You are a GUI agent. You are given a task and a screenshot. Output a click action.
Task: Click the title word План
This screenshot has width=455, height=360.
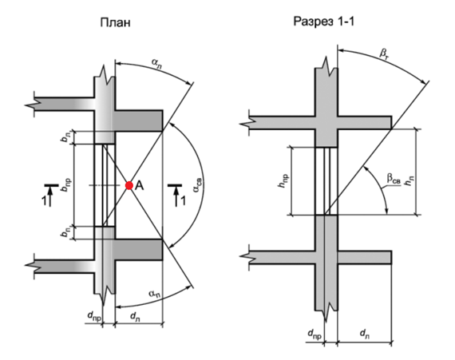[115, 22]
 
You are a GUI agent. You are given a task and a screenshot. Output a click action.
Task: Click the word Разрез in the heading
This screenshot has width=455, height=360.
[313, 22]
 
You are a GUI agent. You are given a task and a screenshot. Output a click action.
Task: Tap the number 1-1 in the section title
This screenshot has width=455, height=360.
[346, 22]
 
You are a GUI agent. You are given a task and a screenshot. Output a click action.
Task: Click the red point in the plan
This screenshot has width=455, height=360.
[129, 185]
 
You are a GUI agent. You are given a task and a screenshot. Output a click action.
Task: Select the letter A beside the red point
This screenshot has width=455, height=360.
[139, 185]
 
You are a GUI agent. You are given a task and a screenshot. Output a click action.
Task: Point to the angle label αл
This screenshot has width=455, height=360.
[156, 64]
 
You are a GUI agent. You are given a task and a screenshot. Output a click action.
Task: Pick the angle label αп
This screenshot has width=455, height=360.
[154, 294]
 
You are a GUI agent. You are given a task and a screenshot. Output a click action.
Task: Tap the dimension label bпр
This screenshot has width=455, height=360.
[65, 184]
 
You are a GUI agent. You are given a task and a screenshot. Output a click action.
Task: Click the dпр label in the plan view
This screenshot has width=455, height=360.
[95, 316]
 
